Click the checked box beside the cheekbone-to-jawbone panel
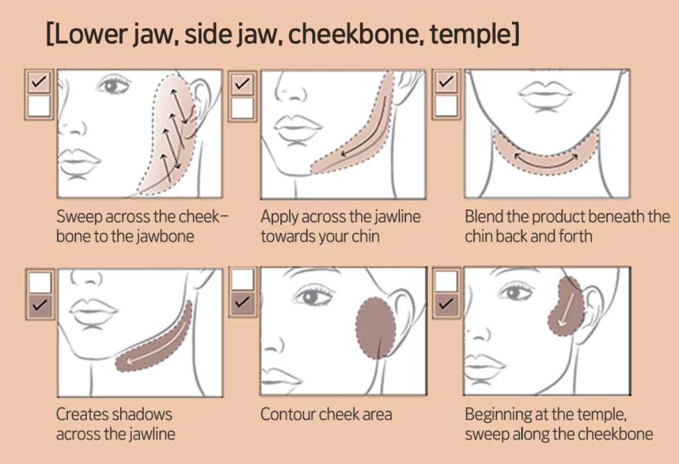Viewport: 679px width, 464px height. point(40,83)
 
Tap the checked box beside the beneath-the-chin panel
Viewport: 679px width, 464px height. point(447,83)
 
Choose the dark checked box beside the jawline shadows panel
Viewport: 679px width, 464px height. point(40,305)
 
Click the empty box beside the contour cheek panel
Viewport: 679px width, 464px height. point(243,280)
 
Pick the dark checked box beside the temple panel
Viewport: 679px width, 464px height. point(447,305)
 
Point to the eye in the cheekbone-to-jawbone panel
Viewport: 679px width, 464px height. point(114,84)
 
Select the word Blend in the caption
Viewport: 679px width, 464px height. point(483,217)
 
